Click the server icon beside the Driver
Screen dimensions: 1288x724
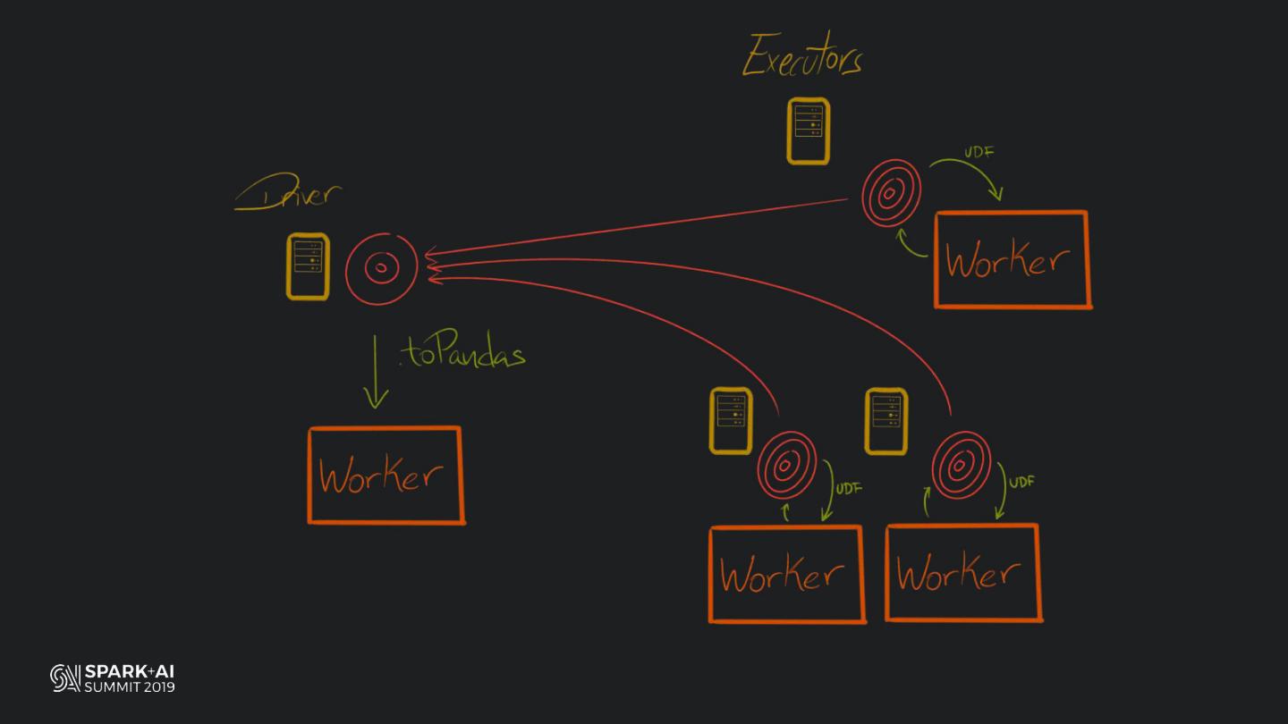coord(308,266)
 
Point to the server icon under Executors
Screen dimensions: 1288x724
coord(808,131)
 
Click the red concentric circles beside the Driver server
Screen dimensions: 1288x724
coord(381,267)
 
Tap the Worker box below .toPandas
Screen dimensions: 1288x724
coord(386,475)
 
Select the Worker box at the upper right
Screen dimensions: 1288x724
coord(1012,260)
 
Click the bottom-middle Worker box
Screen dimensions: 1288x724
coord(786,574)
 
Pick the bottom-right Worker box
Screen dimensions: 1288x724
coord(962,573)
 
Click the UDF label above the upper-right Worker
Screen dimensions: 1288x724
coord(979,152)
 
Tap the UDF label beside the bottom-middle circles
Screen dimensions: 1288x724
coord(848,489)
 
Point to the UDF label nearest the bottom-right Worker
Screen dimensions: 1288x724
coord(1021,482)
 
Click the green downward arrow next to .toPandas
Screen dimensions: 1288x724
coord(377,372)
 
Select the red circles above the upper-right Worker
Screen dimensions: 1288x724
coord(891,193)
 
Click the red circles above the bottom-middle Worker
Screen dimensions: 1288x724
coord(787,464)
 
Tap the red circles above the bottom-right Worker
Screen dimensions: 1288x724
coord(961,465)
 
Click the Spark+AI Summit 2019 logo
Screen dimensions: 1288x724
coord(113,678)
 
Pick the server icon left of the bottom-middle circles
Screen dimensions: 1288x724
coord(730,421)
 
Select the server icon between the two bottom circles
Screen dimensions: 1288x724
coord(886,421)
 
